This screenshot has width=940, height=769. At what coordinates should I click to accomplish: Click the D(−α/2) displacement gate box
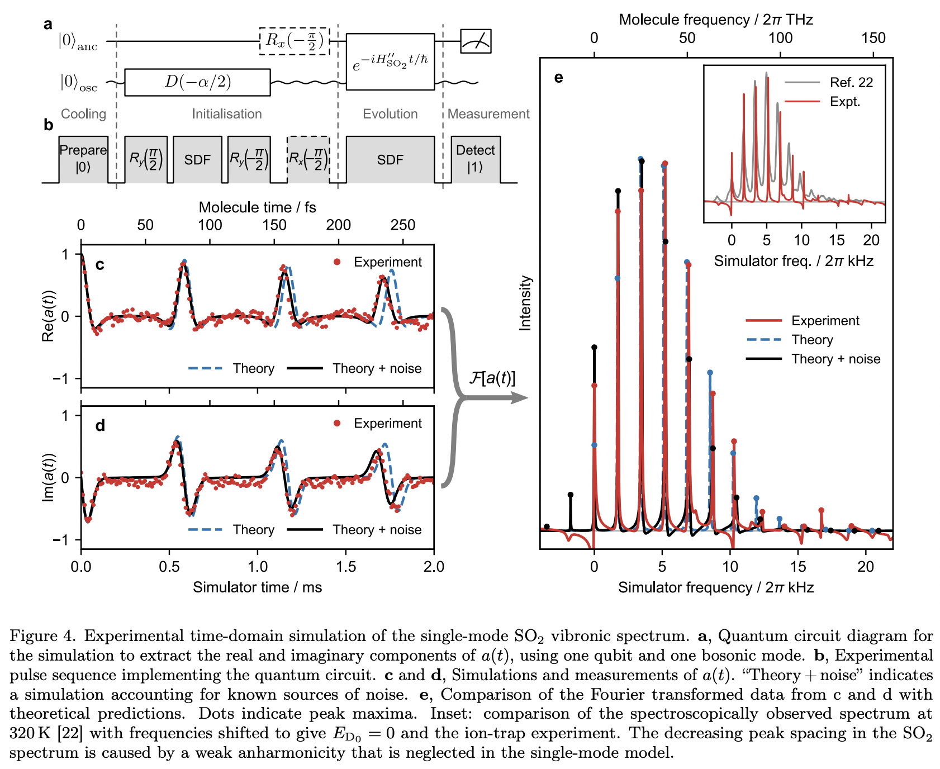[x=197, y=82]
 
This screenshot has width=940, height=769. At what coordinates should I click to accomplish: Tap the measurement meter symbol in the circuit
[x=476, y=41]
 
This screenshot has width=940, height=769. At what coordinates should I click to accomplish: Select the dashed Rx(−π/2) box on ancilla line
[x=295, y=41]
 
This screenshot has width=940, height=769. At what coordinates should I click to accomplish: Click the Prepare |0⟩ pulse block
[x=83, y=159]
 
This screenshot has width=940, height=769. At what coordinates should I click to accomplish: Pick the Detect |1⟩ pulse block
[x=476, y=159]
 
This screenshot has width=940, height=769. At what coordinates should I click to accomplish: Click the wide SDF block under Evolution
[x=390, y=160]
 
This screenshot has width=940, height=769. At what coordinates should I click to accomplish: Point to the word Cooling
[x=83, y=114]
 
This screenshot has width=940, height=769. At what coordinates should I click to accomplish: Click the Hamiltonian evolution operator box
[x=390, y=61]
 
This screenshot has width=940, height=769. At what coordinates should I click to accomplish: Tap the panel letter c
[x=100, y=264]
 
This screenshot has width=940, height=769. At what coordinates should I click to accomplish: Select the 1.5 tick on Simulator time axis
[x=346, y=567]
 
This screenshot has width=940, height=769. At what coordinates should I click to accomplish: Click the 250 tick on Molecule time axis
[x=403, y=225]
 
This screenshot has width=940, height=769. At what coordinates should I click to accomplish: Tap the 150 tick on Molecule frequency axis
[x=873, y=38]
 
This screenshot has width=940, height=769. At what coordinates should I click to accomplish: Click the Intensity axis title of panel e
[x=525, y=303]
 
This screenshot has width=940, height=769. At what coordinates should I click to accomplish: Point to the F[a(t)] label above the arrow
[x=492, y=378]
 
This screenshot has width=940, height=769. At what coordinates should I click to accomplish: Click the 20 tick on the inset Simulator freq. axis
[x=871, y=240]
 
